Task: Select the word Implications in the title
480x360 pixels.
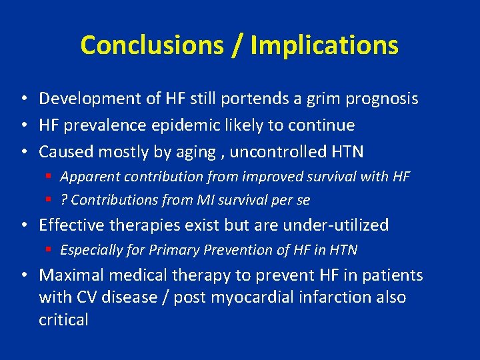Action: coord(325,45)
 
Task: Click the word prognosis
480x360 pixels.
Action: coord(377,99)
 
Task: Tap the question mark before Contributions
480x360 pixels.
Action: coord(64,200)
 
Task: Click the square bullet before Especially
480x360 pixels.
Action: coord(50,250)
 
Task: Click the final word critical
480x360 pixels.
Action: coord(63,320)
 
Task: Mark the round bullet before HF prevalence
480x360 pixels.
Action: coord(23,125)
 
